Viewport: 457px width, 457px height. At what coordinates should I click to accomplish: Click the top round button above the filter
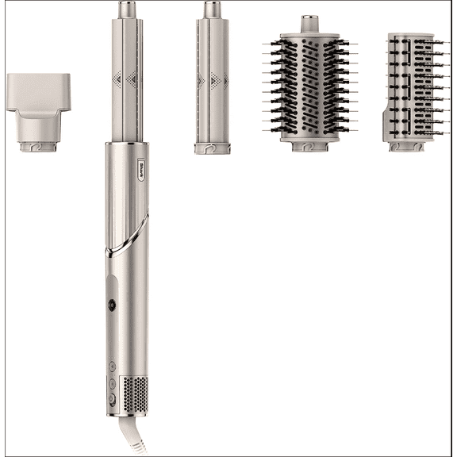[x=113, y=366]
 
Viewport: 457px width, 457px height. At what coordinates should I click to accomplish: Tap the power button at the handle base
[x=113, y=401]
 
